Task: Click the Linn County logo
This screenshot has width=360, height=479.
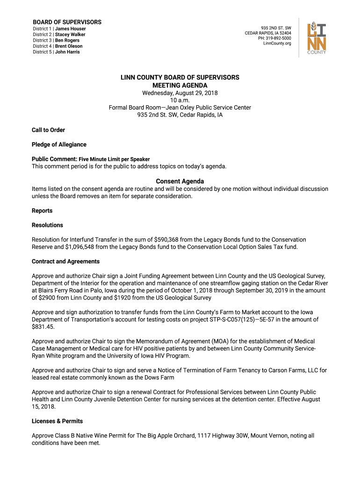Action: pyautogui.click(x=317, y=39)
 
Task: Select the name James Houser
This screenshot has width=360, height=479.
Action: pyautogui.click(x=70, y=29)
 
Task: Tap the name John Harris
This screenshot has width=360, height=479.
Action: pyautogui.click(x=67, y=52)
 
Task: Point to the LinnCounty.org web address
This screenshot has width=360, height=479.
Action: pyautogui.click(x=277, y=44)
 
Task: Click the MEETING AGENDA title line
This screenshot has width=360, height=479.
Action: pyautogui.click(x=180, y=86)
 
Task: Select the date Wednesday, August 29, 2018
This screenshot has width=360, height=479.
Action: pyautogui.click(x=180, y=93)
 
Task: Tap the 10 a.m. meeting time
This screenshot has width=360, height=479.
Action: pyautogui.click(x=180, y=100)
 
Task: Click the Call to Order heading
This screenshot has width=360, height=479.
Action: pyautogui.click(x=48, y=130)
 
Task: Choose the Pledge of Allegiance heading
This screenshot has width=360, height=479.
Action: pyautogui.click(x=59, y=145)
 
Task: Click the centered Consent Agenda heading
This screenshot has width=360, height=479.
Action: pyautogui.click(x=180, y=181)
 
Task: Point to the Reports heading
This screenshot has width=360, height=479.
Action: pyautogui.click(x=42, y=211)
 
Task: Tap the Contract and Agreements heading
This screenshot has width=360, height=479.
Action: pyautogui.click(x=65, y=261)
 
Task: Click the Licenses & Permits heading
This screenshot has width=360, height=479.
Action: pyautogui.click(x=57, y=421)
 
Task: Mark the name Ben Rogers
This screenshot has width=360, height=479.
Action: pyautogui.click(x=67, y=40)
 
